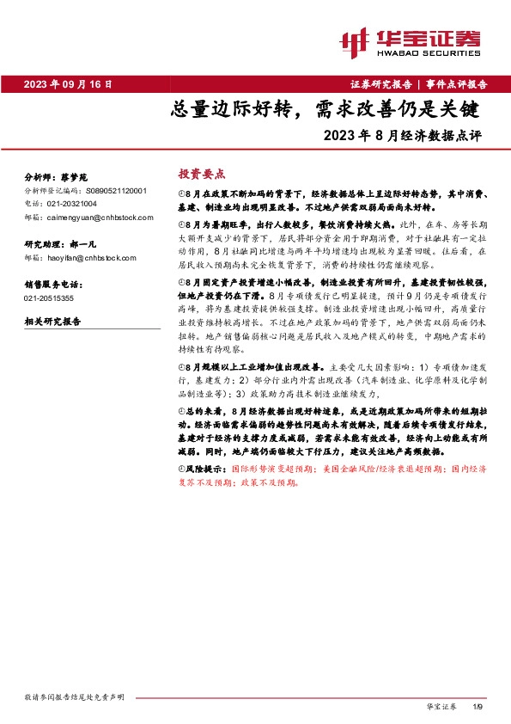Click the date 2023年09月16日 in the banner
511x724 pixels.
click(69, 84)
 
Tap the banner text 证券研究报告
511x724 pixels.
click(381, 84)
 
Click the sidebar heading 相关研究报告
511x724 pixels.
click(53, 322)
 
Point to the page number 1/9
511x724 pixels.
click(478, 705)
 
